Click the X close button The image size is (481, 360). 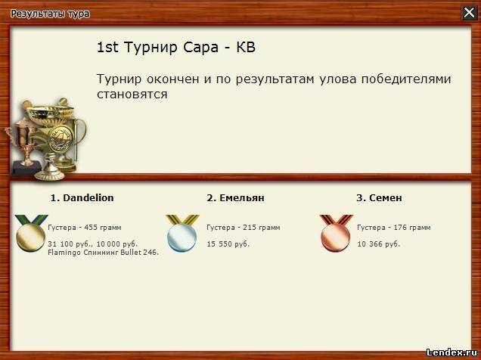coord(469,13)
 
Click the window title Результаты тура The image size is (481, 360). coord(50,14)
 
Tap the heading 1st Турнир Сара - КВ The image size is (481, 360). coord(176,47)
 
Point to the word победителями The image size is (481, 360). coord(406,79)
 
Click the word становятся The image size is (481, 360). coord(132,94)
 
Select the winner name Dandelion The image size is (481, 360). coord(88,198)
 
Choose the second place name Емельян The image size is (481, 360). coord(242,198)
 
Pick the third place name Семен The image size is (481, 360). coord(385,198)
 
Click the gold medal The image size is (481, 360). coord(31,234)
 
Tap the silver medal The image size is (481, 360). coord(182,234)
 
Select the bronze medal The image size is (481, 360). coord(336,234)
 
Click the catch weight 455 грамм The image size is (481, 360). coord(103,228)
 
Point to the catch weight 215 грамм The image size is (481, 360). coord(262,228)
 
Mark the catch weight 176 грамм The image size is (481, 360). coord(412,228)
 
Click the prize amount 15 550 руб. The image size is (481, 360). coord(228,244)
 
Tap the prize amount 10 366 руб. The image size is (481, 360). coord(379,244)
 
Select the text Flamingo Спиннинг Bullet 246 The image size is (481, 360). coord(104,253)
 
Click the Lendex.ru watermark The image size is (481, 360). coord(452,352)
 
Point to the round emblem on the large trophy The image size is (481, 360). coord(61,138)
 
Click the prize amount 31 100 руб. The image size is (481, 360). coord(70,244)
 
